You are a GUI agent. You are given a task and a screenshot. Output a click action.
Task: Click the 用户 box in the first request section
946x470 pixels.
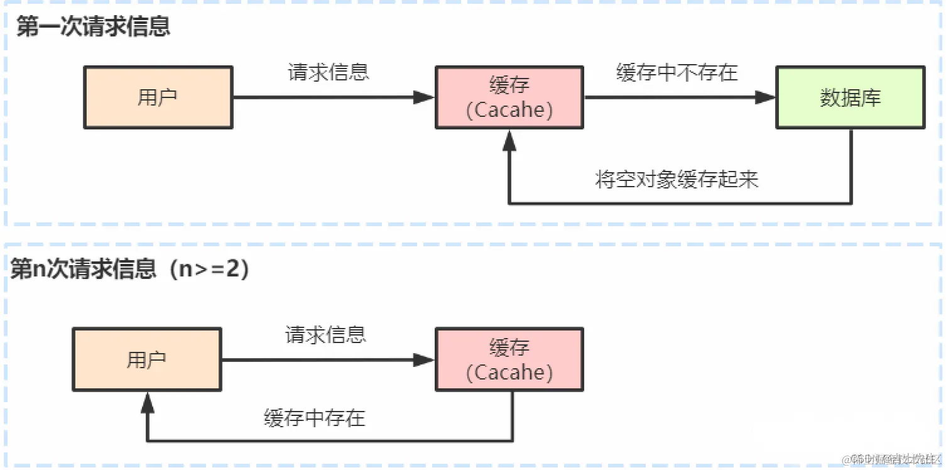pos(158,98)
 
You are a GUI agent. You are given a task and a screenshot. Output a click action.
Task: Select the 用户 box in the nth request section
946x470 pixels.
pos(146,360)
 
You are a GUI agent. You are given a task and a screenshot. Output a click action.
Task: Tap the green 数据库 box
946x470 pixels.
pos(850,98)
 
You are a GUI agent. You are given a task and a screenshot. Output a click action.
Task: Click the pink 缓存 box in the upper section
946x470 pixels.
pos(509,97)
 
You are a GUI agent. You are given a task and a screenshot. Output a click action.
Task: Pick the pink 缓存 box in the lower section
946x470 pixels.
pos(509,359)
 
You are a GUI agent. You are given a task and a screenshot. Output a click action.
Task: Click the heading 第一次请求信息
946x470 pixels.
pos(93,27)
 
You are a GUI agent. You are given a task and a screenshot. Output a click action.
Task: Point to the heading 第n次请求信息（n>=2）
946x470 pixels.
pos(131,269)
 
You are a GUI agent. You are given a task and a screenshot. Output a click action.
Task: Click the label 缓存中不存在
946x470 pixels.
pos(677,72)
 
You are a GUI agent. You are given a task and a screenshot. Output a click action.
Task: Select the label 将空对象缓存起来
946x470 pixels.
pos(677,180)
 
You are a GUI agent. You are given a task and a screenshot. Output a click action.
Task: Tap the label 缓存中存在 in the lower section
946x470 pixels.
pos(314,418)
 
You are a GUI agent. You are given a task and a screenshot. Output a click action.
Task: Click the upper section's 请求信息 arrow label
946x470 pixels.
pos(328,72)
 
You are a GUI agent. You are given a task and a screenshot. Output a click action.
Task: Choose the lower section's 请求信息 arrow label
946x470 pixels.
pos(325,334)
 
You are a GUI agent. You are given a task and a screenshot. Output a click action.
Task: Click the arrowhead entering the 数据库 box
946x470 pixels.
pos(765,97)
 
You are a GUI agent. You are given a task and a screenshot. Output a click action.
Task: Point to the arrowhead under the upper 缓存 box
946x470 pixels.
pos(509,141)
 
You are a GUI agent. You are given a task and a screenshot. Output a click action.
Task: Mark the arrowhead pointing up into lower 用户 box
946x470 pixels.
pos(147,402)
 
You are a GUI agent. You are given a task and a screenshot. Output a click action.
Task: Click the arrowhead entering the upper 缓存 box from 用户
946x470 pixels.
pos(424,97)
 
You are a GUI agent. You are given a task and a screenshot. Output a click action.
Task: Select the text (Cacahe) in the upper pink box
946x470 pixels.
pos(509,111)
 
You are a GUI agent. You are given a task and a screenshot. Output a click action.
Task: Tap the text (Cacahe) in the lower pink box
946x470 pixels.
pos(509,373)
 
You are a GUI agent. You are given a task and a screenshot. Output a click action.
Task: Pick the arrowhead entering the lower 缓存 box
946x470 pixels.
pos(424,360)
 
